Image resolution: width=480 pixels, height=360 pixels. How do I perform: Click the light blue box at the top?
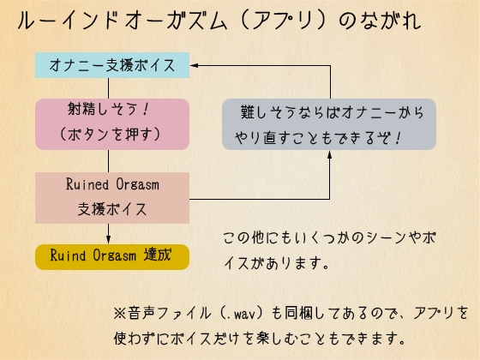111,64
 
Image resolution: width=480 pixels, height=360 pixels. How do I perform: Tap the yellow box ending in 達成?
111,255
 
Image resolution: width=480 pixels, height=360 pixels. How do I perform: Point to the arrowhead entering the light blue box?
194,64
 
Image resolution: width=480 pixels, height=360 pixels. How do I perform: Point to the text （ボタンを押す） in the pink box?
111,135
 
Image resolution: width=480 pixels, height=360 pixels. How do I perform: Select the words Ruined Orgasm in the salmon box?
111,185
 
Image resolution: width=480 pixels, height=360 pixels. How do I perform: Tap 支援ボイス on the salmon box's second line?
111,208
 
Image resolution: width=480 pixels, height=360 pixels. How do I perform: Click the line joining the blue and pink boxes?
111,87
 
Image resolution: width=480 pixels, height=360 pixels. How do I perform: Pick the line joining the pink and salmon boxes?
111,161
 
